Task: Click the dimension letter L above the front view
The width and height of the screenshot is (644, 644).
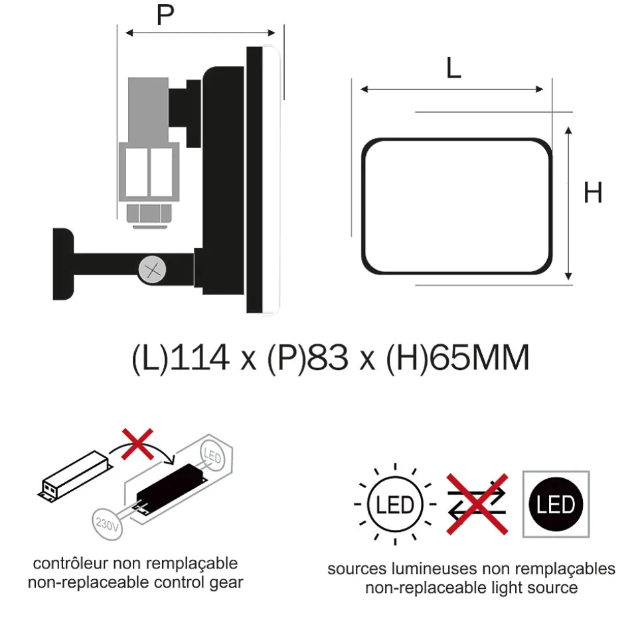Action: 453,68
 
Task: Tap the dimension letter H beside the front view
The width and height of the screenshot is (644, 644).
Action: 593,193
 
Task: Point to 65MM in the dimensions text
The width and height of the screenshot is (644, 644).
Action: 479,359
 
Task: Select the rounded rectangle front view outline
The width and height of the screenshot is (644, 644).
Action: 457,206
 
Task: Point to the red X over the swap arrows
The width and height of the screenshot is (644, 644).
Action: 476,503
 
